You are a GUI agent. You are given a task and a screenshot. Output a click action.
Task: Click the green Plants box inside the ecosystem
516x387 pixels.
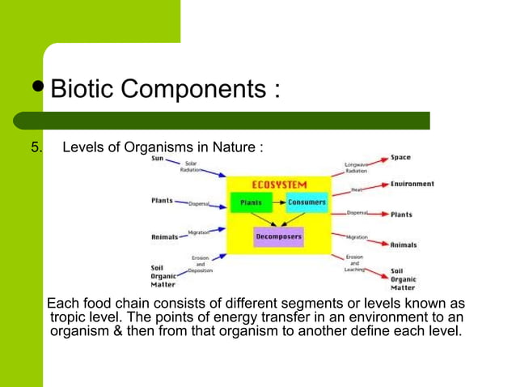pyautogui.click(x=250, y=202)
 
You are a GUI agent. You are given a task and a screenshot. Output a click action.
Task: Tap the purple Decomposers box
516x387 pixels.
pyautogui.click(x=278, y=237)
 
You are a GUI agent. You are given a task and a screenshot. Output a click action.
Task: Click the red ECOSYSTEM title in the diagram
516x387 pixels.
pyautogui.click(x=279, y=184)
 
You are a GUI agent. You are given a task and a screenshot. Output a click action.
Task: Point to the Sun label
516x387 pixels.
pyautogui.click(x=159, y=159)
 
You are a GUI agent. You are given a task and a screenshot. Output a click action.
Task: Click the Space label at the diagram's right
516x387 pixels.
pyautogui.click(x=400, y=157)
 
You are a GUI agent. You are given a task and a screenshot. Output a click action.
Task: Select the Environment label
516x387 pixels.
pyautogui.click(x=412, y=184)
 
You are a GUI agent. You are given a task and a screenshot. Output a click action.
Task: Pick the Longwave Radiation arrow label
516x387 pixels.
pyautogui.click(x=357, y=168)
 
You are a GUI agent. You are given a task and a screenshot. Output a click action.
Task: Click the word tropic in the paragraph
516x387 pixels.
pyautogui.click(x=71, y=317)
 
